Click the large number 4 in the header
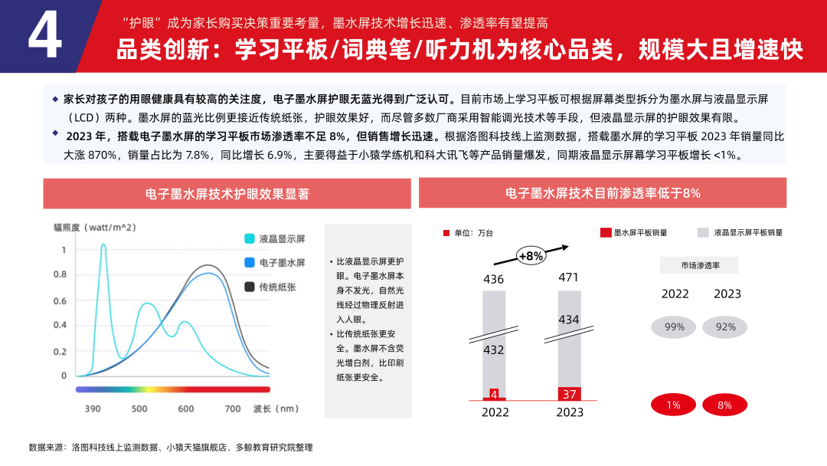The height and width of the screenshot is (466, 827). (44, 37)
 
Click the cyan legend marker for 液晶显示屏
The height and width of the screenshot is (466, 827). (250, 238)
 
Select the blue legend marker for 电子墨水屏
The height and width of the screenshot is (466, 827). (250, 263)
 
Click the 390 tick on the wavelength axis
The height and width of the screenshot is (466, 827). (93, 409)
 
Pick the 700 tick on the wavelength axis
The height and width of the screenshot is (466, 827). (233, 409)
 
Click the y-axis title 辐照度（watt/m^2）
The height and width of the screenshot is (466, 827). (95, 228)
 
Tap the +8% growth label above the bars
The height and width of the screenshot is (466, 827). (530, 256)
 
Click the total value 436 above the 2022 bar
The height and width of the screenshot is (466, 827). (494, 279)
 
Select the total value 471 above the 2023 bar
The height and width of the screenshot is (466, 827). (568, 277)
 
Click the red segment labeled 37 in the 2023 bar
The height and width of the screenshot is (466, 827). (569, 394)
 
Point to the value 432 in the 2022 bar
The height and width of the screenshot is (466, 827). (494, 350)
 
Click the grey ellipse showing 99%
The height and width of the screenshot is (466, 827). (674, 327)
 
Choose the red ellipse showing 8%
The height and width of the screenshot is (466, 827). (724, 405)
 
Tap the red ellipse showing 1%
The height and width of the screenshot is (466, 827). (674, 405)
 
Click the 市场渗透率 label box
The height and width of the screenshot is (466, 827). (699, 265)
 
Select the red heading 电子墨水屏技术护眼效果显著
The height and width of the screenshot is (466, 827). (227, 194)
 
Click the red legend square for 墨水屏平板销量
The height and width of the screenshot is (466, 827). (606, 232)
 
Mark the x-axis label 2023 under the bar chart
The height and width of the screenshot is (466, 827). (568, 412)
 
